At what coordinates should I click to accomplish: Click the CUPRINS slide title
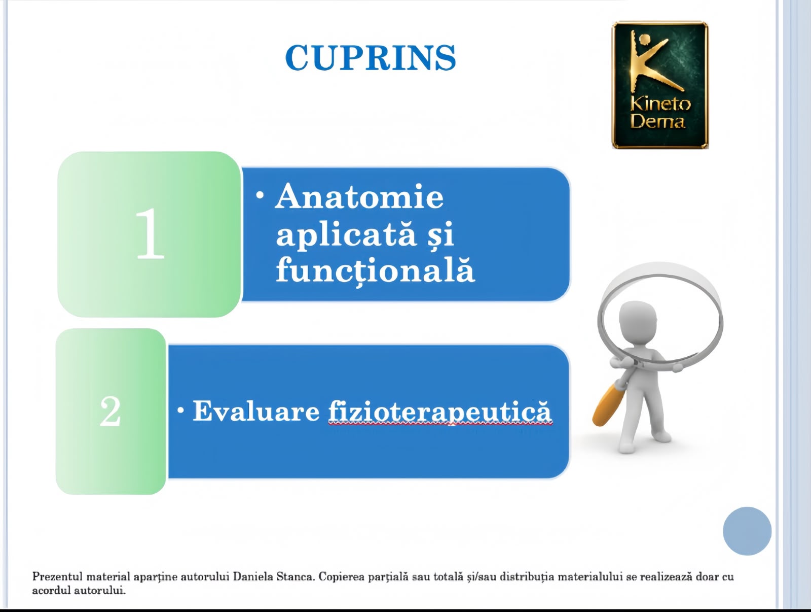point(371,58)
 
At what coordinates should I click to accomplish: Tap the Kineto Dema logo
point(660,85)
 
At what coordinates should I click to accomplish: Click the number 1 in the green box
point(149,234)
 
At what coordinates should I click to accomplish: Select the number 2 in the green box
point(110,411)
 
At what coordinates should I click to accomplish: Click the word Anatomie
point(359,196)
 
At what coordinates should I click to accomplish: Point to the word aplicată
point(346,235)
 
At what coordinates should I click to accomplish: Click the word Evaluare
point(256,411)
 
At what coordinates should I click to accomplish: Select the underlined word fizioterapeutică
point(440,412)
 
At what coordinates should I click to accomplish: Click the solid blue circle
point(747,531)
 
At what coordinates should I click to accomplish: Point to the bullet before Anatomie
point(260,195)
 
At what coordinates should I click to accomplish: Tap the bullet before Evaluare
point(180,410)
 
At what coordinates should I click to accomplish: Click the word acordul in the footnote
point(51,590)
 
